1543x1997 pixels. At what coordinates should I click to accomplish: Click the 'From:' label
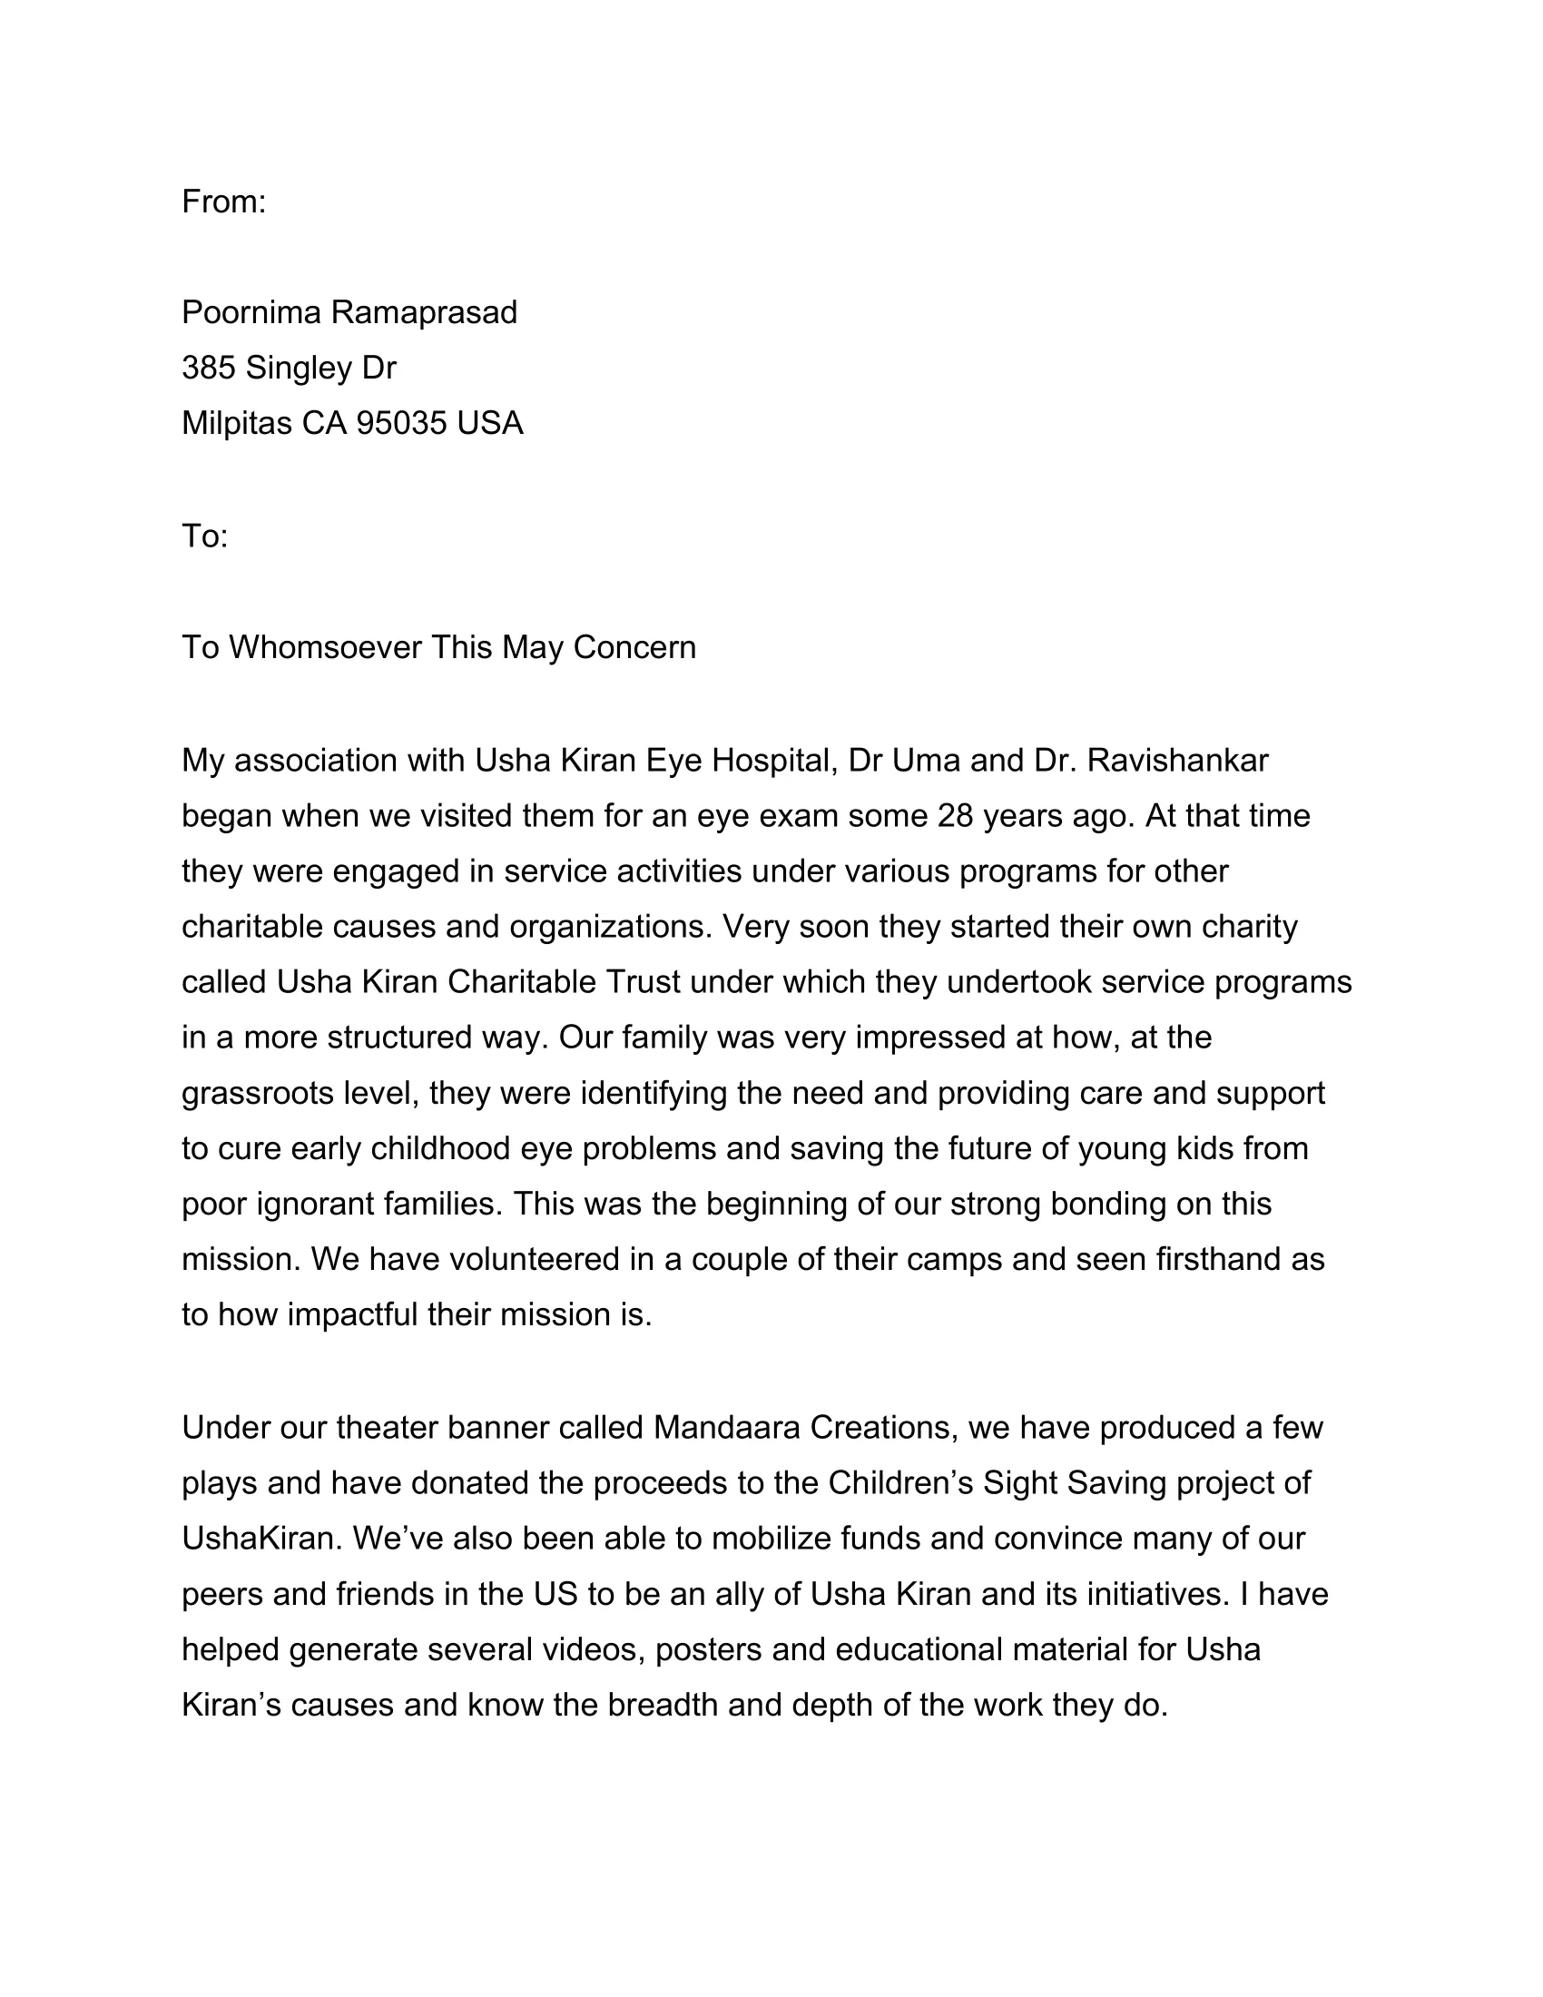(223, 202)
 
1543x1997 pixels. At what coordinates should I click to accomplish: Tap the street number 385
(208, 368)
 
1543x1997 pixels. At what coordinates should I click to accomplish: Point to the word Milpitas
(236, 423)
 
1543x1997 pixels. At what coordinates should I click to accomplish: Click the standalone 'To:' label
(204, 536)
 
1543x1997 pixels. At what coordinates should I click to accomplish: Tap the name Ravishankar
(1177, 760)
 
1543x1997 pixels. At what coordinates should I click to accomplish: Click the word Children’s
(900, 1483)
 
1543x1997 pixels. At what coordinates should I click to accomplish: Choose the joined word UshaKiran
(261, 1539)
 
